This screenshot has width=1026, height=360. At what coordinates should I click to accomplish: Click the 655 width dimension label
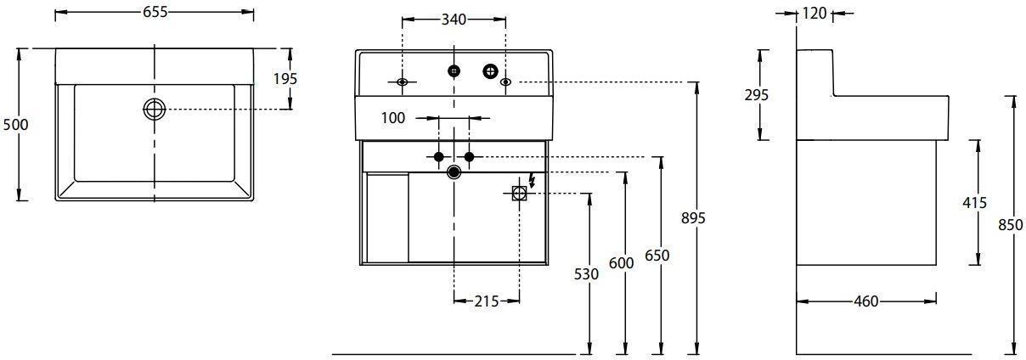tap(155, 13)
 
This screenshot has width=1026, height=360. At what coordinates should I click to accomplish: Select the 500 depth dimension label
tap(15, 124)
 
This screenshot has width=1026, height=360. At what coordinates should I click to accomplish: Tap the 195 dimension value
tap(285, 79)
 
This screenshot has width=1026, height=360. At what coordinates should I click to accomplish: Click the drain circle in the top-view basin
tap(155, 109)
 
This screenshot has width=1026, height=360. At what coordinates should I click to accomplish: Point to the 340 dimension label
tap(454, 20)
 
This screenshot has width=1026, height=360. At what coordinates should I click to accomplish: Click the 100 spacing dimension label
tap(393, 118)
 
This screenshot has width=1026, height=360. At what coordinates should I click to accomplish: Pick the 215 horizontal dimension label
tap(486, 301)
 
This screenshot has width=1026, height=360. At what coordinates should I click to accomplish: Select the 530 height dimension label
tap(586, 274)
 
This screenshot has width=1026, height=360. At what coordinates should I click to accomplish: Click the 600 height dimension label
tap(622, 263)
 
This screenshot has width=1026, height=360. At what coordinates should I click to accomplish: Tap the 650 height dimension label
tap(657, 255)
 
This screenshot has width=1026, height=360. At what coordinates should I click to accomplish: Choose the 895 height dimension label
tap(693, 218)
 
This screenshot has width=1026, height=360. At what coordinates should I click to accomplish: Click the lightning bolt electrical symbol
tap(532, 181)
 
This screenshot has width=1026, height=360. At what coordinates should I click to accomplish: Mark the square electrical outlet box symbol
tap(519, 194)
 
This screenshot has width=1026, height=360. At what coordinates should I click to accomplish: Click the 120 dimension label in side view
tap(815, 14)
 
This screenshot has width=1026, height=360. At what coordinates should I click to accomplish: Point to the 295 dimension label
tap(756, 95)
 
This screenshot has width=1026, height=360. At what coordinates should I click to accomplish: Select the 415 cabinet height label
tap(975, 202)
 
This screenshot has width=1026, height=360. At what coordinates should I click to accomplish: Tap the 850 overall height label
tap(1011, 225)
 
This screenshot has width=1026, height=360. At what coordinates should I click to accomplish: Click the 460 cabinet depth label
tap(866, 301)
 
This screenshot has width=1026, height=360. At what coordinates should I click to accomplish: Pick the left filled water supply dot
tap(439, 157)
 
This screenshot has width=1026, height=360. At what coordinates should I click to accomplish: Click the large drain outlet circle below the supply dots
tap(454, 172)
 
